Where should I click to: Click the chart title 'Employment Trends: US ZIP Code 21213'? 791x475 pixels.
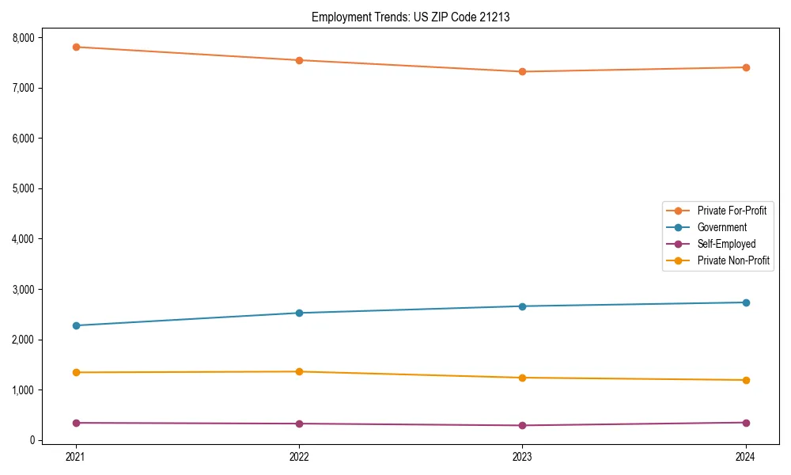pos(411,17)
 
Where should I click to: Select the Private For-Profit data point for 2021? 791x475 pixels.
pos(76,47)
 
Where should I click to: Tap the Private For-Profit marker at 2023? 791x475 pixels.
pos(522,72)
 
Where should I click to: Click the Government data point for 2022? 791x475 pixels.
pos(299,313)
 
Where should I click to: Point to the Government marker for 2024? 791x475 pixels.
pos(746,302)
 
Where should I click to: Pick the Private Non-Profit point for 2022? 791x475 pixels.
pos(299,371)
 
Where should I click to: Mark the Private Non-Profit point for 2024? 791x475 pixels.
pos(746,380)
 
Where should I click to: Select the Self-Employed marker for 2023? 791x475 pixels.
pos(522,425)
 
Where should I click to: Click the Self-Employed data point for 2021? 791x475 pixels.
pos(76,423)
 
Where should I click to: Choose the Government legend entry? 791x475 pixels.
pos(721,227)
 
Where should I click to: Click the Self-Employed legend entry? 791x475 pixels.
pos(726,244)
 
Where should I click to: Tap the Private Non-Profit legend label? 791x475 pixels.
pos(733,260)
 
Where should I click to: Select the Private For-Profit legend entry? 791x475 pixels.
pos(732,211)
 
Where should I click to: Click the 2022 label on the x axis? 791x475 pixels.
pos(299,456)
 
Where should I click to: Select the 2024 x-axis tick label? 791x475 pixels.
pos(746,456)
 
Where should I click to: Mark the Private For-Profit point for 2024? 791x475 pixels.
pos(746,67)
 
